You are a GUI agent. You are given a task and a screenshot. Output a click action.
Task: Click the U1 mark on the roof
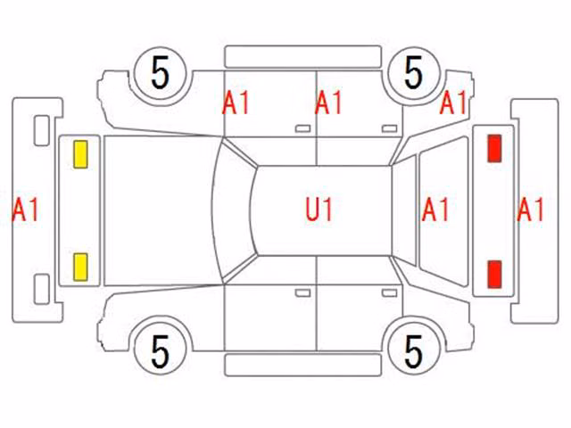tap(319, 210)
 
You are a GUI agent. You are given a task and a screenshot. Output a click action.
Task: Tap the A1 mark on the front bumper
tap(25, 210)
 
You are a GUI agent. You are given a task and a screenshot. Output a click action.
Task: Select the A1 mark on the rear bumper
tap(530, 210)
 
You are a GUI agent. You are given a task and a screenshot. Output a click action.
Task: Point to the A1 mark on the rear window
tap(434, 210)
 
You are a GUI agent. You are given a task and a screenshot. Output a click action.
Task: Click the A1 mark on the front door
tap(236, 103)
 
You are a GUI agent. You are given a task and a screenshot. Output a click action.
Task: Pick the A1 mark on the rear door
tap(328, 103)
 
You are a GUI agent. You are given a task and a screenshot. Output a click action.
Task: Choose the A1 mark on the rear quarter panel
tap(453, 103)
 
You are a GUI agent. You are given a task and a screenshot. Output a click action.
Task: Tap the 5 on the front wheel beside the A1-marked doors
tap(161, 73)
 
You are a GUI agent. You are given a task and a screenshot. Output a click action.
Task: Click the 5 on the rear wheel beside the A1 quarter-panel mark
tap(413, 73)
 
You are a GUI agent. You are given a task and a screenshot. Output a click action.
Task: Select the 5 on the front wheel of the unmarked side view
tap(161, 351)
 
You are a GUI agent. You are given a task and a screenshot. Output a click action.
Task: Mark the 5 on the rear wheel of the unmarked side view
tap(413, 351)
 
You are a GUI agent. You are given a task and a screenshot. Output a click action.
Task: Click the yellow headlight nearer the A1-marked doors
tap(80, 154)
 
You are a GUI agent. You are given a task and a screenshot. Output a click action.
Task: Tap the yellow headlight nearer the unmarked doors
tap(80, 267)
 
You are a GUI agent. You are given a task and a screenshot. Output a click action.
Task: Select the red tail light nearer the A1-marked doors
tap(494, 148)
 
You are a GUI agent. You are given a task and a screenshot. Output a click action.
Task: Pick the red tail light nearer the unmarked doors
tap(494, 275)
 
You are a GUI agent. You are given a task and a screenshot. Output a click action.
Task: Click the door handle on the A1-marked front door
tap(302, 128)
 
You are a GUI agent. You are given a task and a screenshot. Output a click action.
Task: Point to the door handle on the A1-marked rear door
tap(389, 128)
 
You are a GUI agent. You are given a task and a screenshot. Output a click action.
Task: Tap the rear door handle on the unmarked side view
tap(389, 293)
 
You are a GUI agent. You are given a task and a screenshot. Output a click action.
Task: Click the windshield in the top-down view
tap(234, 210)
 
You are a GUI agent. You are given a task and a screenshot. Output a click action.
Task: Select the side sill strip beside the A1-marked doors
tap(303, 56)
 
